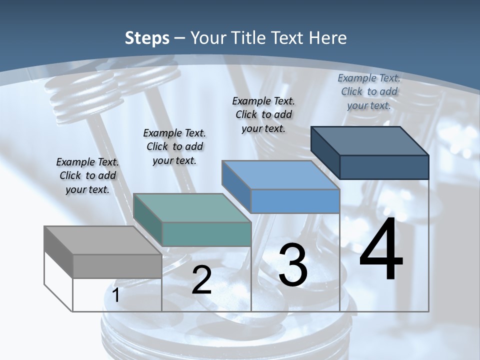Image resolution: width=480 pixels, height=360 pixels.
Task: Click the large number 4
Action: [381, 250]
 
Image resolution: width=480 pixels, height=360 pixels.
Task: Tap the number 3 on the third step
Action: [293, 265]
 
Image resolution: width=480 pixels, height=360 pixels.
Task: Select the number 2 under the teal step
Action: [201, 280]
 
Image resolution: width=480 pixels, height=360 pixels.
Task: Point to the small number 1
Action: [116, 295]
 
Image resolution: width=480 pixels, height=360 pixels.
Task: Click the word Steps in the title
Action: [147, 38]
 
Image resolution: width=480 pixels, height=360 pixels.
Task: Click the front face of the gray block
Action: [117, 266]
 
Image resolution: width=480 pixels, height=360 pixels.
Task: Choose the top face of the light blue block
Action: [280, 175]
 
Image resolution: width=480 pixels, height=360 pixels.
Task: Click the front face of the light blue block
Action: [295, 201]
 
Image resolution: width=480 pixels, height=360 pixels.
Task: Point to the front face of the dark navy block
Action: [384, 167]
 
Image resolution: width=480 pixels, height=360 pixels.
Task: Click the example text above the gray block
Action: [87, 175]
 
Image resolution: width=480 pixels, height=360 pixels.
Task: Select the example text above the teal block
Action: [174, 146]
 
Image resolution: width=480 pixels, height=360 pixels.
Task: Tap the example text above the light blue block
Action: [263, 114]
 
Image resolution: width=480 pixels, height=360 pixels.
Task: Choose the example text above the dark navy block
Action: [369, 91]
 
